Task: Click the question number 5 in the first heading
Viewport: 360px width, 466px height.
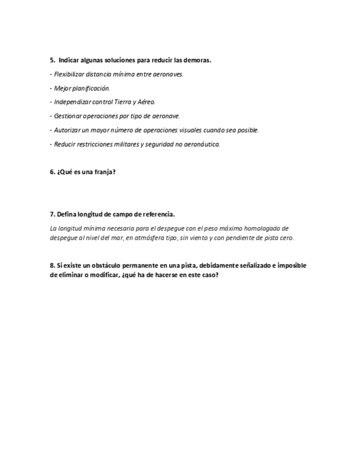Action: [52, 60]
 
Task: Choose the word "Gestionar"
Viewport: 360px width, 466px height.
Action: [68, 116]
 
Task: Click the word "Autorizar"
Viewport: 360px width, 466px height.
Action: [67, 130]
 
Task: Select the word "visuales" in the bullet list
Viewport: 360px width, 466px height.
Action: [207, 130]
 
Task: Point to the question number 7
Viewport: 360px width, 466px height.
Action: [52, 214]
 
